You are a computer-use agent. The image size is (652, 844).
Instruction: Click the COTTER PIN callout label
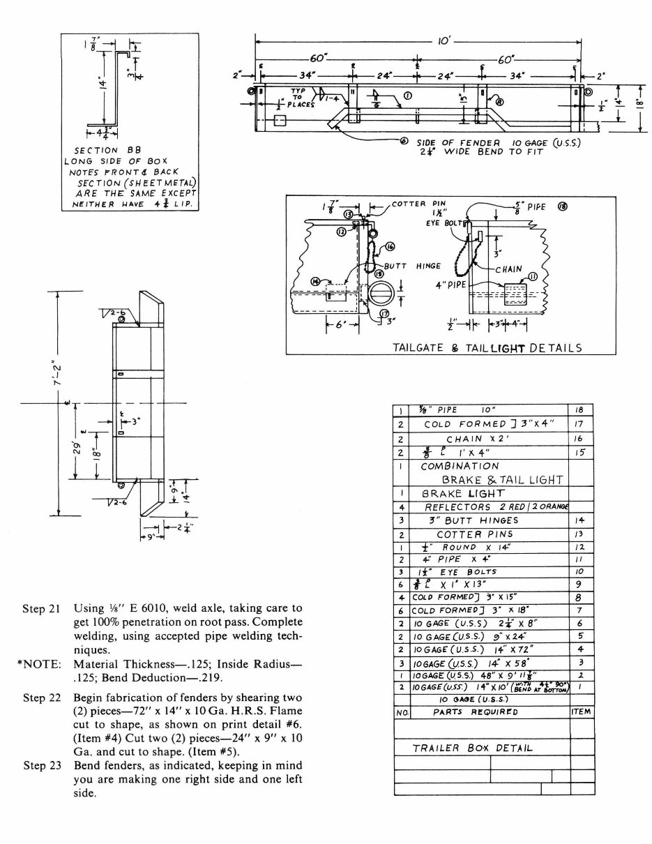point(414,204)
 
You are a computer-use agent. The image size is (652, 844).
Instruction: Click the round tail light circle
point(382,296)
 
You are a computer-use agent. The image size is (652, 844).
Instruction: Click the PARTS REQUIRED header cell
point(476,712)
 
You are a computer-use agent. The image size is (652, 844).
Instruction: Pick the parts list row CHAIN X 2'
point(478,439)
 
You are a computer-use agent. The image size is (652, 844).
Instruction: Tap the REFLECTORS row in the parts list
point(495,506)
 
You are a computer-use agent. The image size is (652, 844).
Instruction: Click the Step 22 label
point(43,698)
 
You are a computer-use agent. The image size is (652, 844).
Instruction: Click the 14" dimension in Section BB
point(100,87)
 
